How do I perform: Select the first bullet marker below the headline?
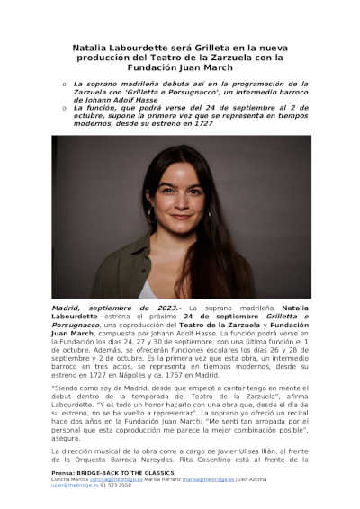pos(64,84)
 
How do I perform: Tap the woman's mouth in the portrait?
pos(181,217)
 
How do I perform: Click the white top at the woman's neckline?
pos(148,289)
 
